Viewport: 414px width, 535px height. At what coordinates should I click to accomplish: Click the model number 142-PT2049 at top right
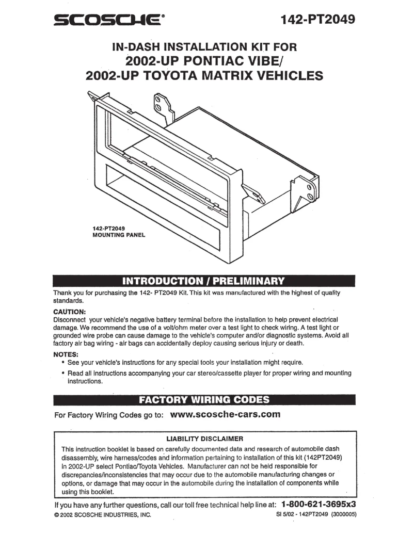click(318, 20)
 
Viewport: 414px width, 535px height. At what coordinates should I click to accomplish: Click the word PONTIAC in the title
click(212, 61)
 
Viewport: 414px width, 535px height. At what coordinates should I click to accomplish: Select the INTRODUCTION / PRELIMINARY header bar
click(204, 282)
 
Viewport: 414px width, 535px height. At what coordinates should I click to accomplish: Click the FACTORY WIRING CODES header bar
click(204, 400)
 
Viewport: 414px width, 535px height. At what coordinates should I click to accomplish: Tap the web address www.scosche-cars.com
click(225, 414)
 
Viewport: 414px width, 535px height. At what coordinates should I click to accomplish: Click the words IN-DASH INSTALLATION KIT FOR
click(204, 47)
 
